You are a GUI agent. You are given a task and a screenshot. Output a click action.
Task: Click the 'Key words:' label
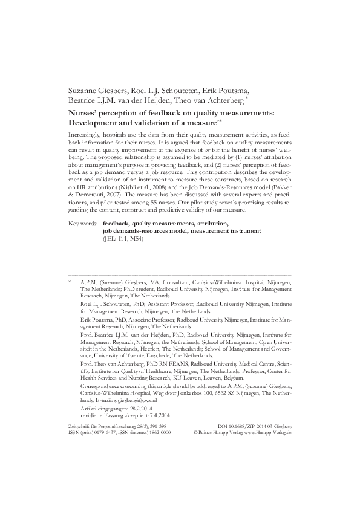pos(83,223)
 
